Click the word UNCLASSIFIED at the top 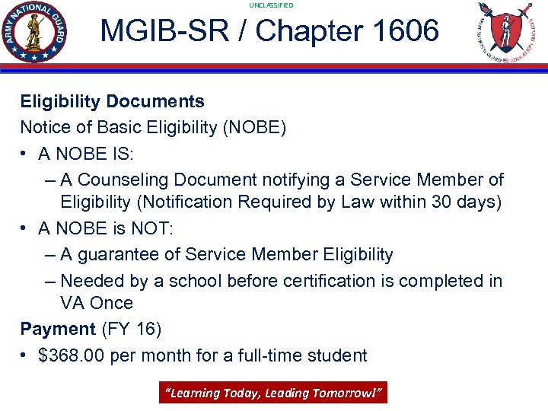[x=271, y=5]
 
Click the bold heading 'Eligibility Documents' [x=112, y=101]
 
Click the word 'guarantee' [x=129, y=254]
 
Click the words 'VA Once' [x=96, y=303]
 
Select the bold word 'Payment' [x=58, y=329]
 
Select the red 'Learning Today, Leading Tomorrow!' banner [x=272, y=393]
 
